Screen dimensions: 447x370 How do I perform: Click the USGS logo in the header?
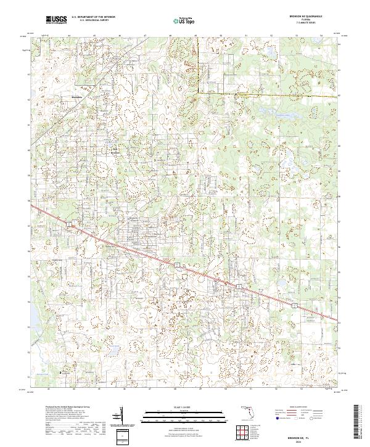pyautogui.click(x=57, y=20)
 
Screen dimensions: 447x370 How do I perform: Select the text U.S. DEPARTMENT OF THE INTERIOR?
pyautogui.click(x=93, y=17)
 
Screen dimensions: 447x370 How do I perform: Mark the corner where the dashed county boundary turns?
pyautogui.click(x=197, y=92)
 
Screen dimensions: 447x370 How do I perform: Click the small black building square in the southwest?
pyautogui.click(x=60, y=372)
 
